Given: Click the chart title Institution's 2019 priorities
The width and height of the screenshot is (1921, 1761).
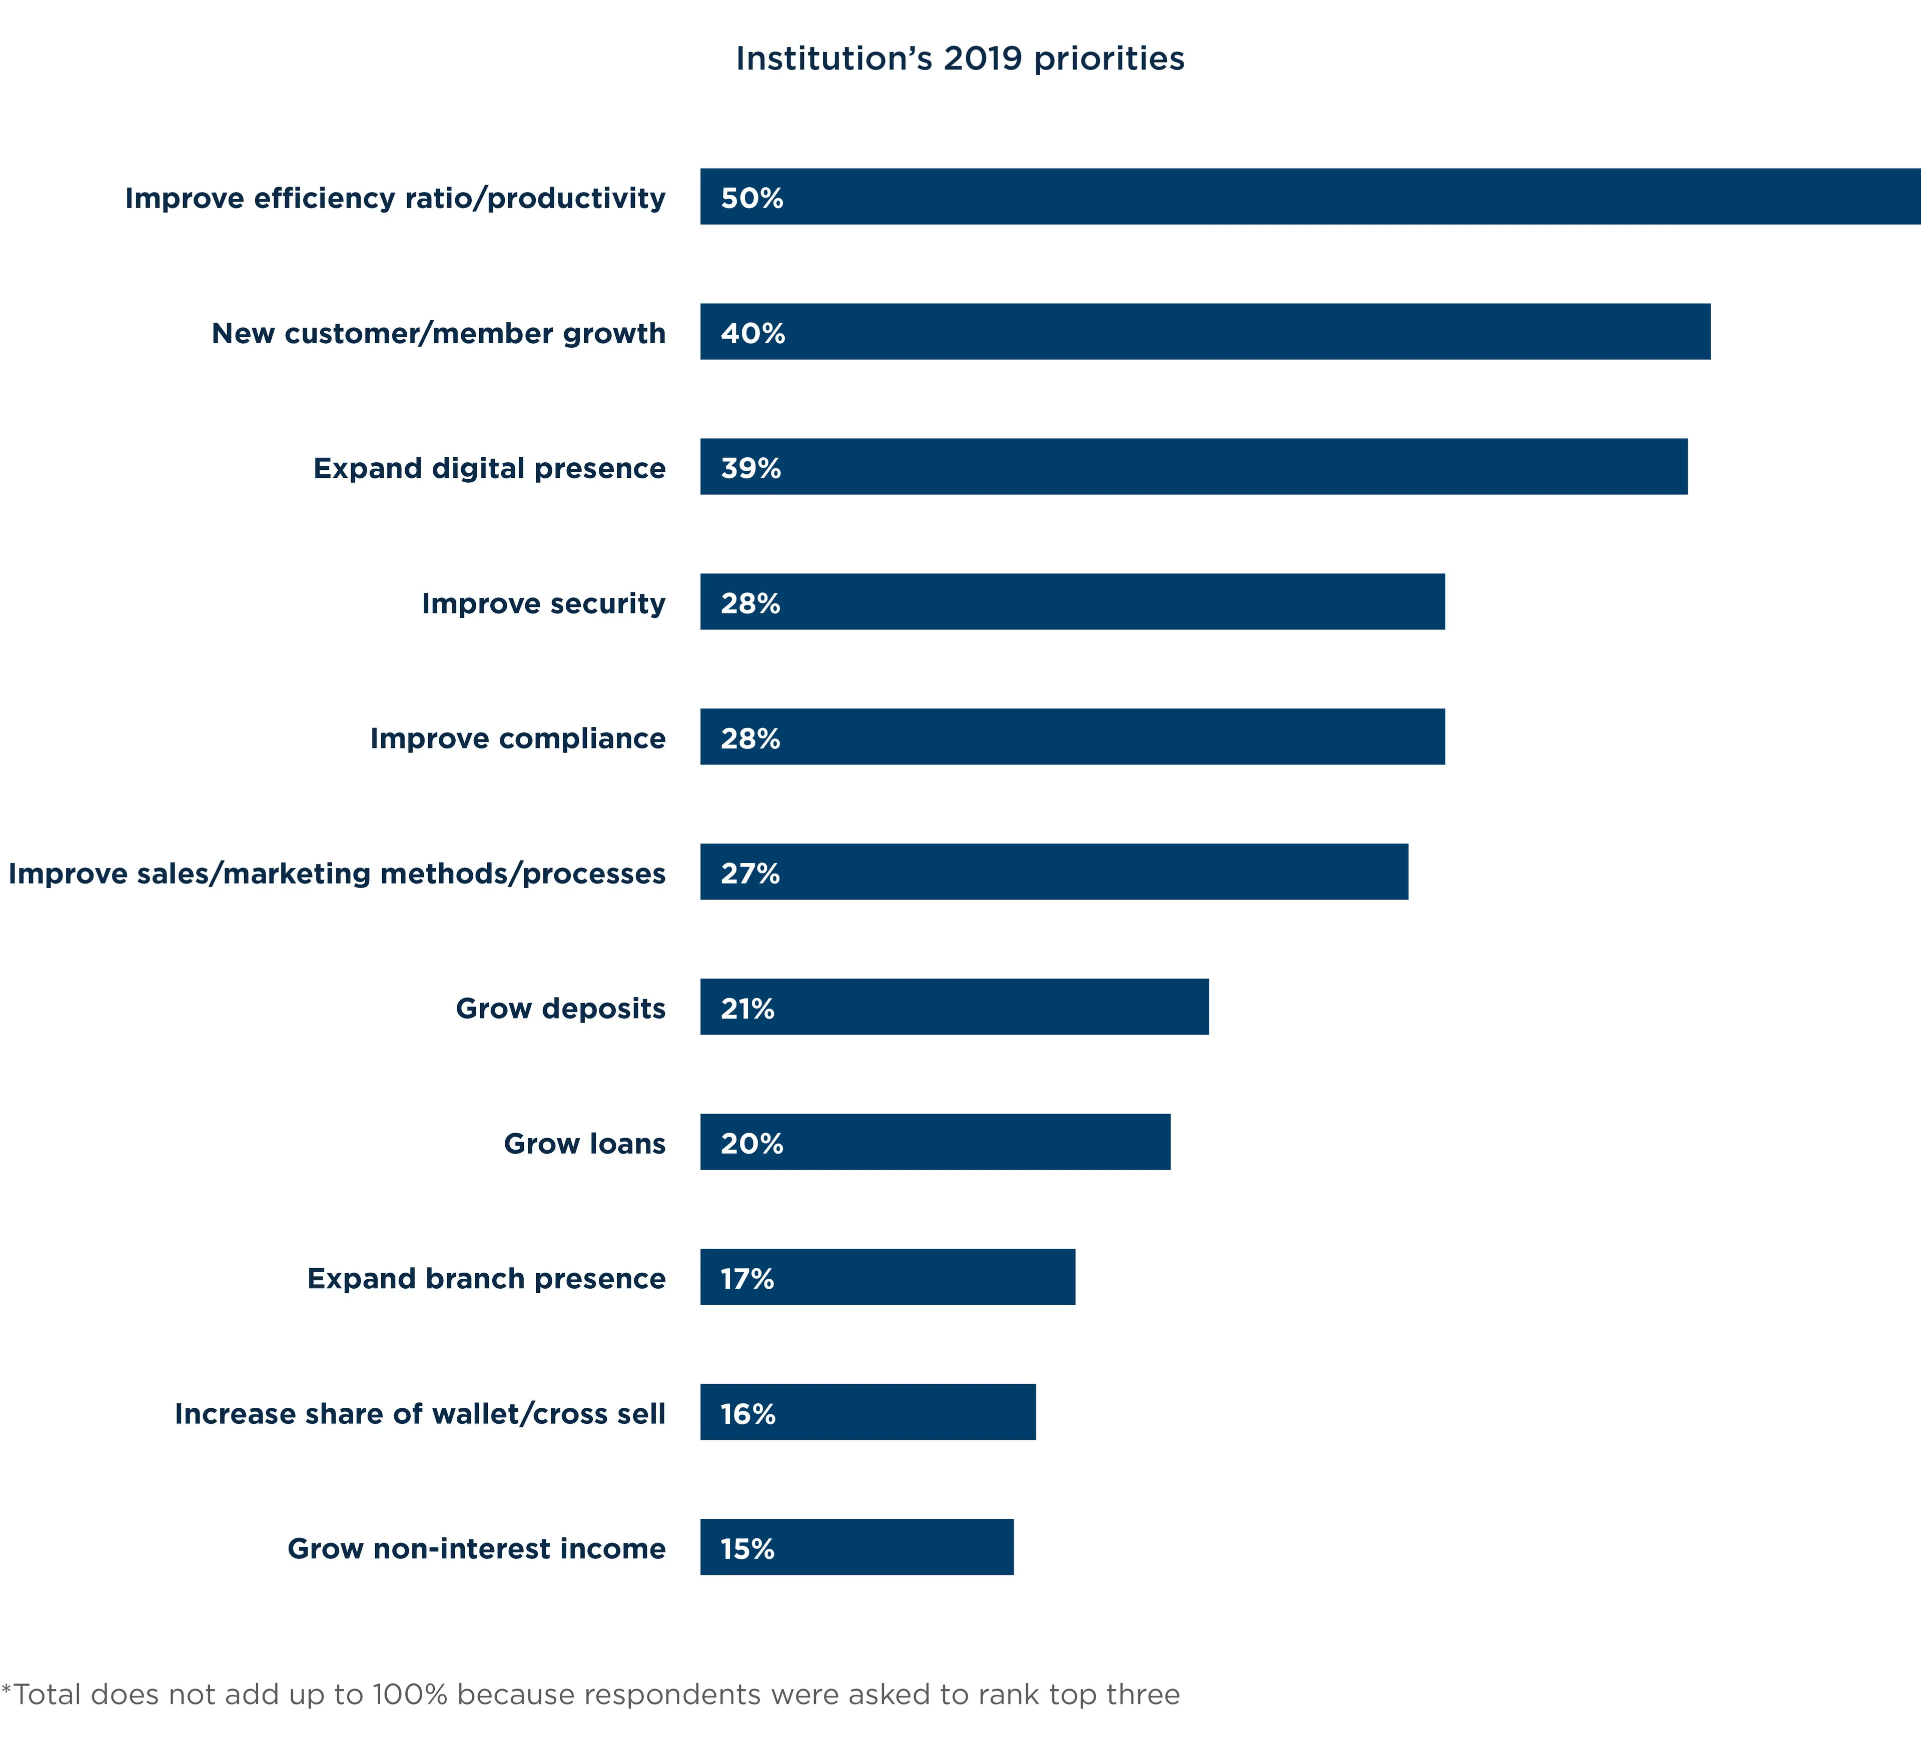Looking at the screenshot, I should [959, 59].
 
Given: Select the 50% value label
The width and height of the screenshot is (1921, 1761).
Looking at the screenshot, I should [752, 198].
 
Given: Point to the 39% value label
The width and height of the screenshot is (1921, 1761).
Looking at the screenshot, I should [751, 468].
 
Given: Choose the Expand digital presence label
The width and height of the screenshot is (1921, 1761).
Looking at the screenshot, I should [489, 468].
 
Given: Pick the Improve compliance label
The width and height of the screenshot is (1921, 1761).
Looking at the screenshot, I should [517, 738].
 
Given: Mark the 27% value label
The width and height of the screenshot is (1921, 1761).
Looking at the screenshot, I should [750, 873].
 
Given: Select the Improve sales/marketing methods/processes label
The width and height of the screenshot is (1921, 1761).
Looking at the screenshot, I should [336, 873].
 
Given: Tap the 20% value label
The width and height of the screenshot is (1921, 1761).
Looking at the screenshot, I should [752, 1144].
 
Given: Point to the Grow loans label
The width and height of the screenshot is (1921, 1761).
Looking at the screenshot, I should [584, 1144].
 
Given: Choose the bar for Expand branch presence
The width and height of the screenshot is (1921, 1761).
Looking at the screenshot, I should [887, 1277].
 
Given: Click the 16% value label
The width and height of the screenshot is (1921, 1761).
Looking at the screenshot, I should [748, 1413].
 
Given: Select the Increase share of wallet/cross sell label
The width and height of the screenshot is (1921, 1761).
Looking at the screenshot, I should [419, 1413].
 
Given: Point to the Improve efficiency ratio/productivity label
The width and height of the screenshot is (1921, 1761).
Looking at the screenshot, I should [395, 198].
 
